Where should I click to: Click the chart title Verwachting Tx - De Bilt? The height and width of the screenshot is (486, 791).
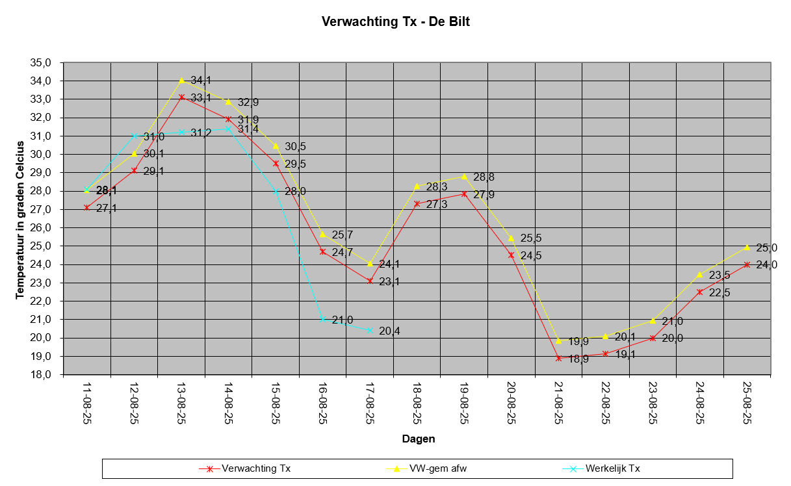[x=395, y=21]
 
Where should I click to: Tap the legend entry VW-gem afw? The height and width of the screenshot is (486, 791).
[x=434, y=468]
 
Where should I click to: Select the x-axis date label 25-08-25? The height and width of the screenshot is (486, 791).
[x=747, y=403]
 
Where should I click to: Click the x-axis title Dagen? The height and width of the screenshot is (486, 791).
[x=418, y=439]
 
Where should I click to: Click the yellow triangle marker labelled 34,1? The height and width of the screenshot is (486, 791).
[x=181, y=80]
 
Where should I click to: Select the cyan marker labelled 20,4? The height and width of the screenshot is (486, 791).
[x=370, y=330]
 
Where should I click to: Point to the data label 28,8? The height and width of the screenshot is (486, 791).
[x=483, y=177]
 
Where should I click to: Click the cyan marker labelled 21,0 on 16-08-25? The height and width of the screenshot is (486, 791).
[x=322, y=319]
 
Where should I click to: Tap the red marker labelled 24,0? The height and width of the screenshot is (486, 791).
[x=747, y=264]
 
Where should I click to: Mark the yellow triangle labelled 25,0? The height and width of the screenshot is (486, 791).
[x=747, y=247]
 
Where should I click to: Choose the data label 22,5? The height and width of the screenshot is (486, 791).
[x=720, y=292]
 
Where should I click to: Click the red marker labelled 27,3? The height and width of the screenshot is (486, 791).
[x=417, y=203]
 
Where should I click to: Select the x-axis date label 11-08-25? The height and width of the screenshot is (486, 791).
[x=87, y=403]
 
